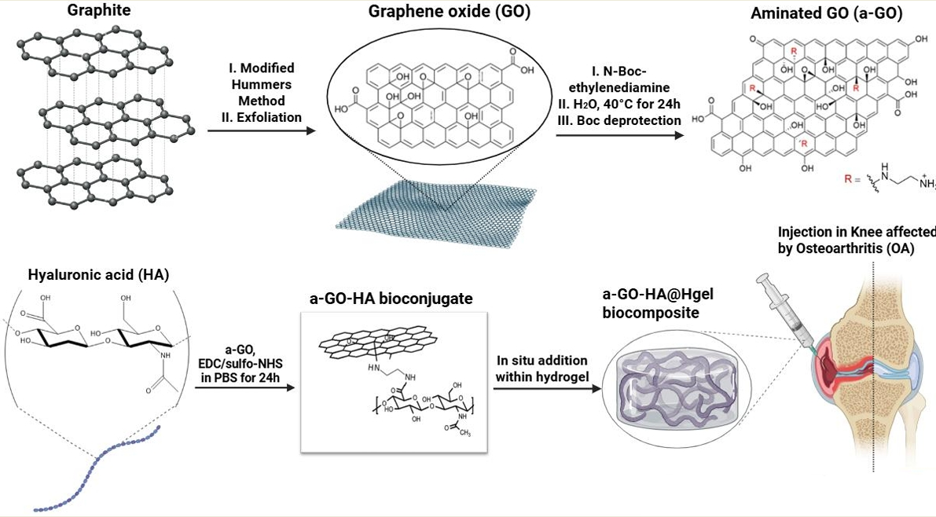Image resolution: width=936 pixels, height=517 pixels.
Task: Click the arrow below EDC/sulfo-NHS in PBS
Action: tap(244, 387)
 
